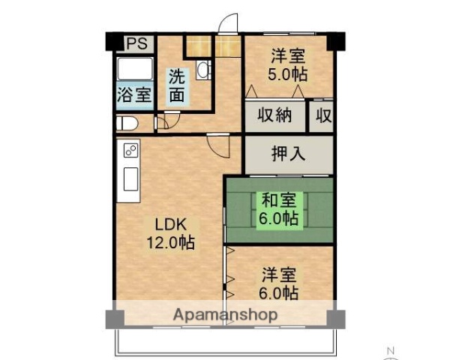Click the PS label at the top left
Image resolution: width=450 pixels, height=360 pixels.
tap(136, 43)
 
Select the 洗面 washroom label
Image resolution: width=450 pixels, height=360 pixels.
tap(176, 85)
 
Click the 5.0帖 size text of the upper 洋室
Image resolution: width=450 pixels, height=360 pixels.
tap(288, 74)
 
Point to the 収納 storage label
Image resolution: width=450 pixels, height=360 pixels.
tap(275, 116)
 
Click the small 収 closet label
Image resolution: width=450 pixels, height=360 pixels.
tap(323, 116)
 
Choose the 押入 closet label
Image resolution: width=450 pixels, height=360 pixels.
tap(288, 154)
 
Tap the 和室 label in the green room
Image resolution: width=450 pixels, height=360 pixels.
tap(279, 200)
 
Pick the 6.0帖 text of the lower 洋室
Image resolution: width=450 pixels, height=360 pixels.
tap(280, 292)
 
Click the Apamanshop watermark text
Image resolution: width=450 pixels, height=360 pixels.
tap(226, 315)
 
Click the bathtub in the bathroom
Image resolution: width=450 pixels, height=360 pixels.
tap(135, 72)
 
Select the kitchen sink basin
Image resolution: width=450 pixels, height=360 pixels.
tap(129, 181)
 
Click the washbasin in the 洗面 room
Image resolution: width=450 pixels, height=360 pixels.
tap(202, 70)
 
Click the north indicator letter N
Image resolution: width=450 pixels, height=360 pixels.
tap(391, 351)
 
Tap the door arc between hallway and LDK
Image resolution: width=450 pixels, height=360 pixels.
tap(218, 144)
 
